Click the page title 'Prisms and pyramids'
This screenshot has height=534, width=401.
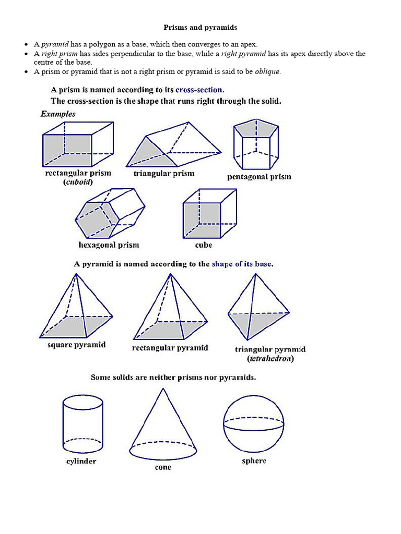(x=200, y=27)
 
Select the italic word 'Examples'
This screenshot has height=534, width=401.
(x=58, y=114)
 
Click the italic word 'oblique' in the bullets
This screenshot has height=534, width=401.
(x=267, y=72)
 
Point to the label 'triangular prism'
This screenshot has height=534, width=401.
(x=163, y=174)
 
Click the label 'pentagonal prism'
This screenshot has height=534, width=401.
(x=259, y=177)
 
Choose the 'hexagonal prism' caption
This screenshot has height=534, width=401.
(x=109, y=245)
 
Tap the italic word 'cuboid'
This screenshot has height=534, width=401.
(x=78, y=182)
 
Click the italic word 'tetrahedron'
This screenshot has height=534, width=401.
(x=270, y=359)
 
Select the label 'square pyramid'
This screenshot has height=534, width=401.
(x=76, y=345)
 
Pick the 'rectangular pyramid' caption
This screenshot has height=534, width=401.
(x=170, y=348)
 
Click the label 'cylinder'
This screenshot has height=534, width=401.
(x=81, y=461)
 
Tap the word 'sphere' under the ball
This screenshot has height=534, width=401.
(x=254, y=460)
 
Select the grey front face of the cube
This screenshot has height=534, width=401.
(x=202, y=220)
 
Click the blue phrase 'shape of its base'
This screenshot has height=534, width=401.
(x=242, y=264)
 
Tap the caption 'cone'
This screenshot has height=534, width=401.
(x=163, y=467)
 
